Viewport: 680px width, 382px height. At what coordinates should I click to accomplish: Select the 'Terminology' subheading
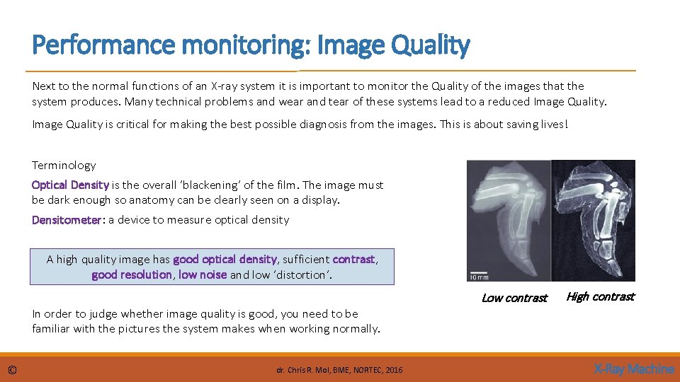64,166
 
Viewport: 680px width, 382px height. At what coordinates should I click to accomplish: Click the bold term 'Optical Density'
70,185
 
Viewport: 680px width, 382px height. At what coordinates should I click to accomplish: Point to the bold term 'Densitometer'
67,220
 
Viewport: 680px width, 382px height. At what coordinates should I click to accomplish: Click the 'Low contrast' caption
514,298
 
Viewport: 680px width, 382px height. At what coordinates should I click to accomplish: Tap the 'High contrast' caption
601,296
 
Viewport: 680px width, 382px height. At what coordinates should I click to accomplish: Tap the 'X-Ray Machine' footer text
633,369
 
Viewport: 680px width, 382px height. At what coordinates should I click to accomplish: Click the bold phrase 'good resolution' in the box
132,274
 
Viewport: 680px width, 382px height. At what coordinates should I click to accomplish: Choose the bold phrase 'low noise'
203,274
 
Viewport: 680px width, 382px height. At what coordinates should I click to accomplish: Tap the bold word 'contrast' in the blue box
353,260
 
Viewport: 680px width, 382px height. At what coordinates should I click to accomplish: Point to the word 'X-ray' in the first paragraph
229,86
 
